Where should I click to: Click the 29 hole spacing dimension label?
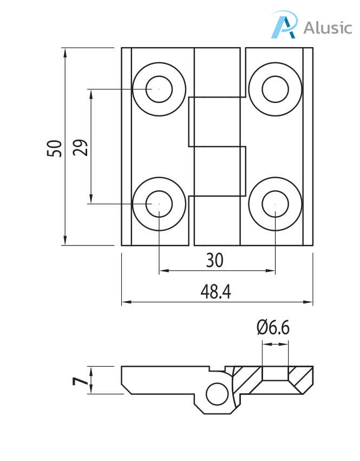click(80, 147)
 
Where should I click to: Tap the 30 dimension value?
click(215, 260)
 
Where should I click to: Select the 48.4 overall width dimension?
click(215, 291)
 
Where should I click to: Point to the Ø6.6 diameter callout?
click(273, 327)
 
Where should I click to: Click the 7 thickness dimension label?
click(80, 381)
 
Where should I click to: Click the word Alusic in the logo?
click(328, 28)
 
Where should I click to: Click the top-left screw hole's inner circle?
click(159, 89)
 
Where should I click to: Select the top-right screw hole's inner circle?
click(276, 89)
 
